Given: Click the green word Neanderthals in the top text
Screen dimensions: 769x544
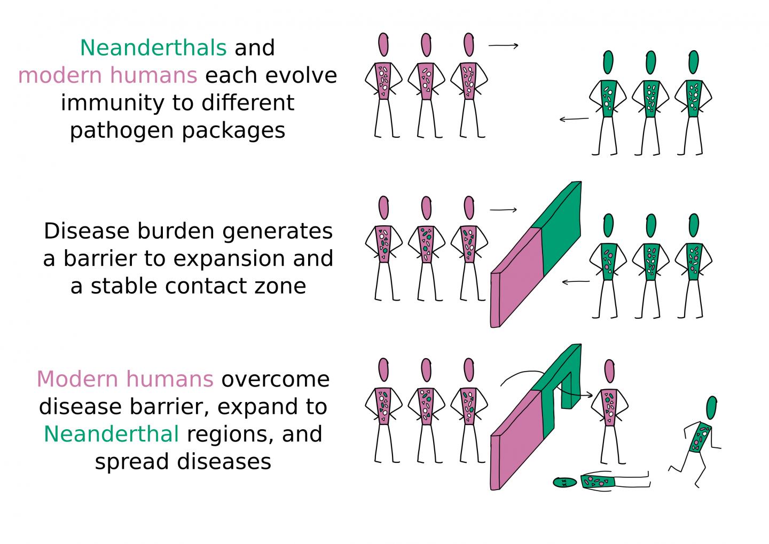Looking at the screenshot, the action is point(153,48).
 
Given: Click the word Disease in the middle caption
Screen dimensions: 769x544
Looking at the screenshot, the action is point(87,231).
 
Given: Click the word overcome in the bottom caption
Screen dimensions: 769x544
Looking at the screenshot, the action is point(276,380).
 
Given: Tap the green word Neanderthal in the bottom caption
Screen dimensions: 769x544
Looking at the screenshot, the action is point(111,434).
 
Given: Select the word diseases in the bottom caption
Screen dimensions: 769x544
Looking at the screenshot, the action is point(224,462).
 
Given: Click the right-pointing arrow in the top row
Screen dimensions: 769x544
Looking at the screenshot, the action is point(503,46).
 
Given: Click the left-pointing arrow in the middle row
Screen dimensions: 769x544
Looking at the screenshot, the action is point(576,282).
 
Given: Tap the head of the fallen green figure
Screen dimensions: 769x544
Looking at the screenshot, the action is point(565,482).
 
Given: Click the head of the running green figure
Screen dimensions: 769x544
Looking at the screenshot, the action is point(712,408).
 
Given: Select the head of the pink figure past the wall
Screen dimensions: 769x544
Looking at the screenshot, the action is point(609,372).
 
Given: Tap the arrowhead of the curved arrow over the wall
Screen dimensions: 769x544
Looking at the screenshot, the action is point(590,395).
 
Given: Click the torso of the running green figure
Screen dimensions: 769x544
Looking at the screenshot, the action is point(700,438).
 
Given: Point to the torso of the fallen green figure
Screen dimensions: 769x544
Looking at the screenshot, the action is point(598,482).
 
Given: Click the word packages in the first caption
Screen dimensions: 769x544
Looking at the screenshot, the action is point(233,131).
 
